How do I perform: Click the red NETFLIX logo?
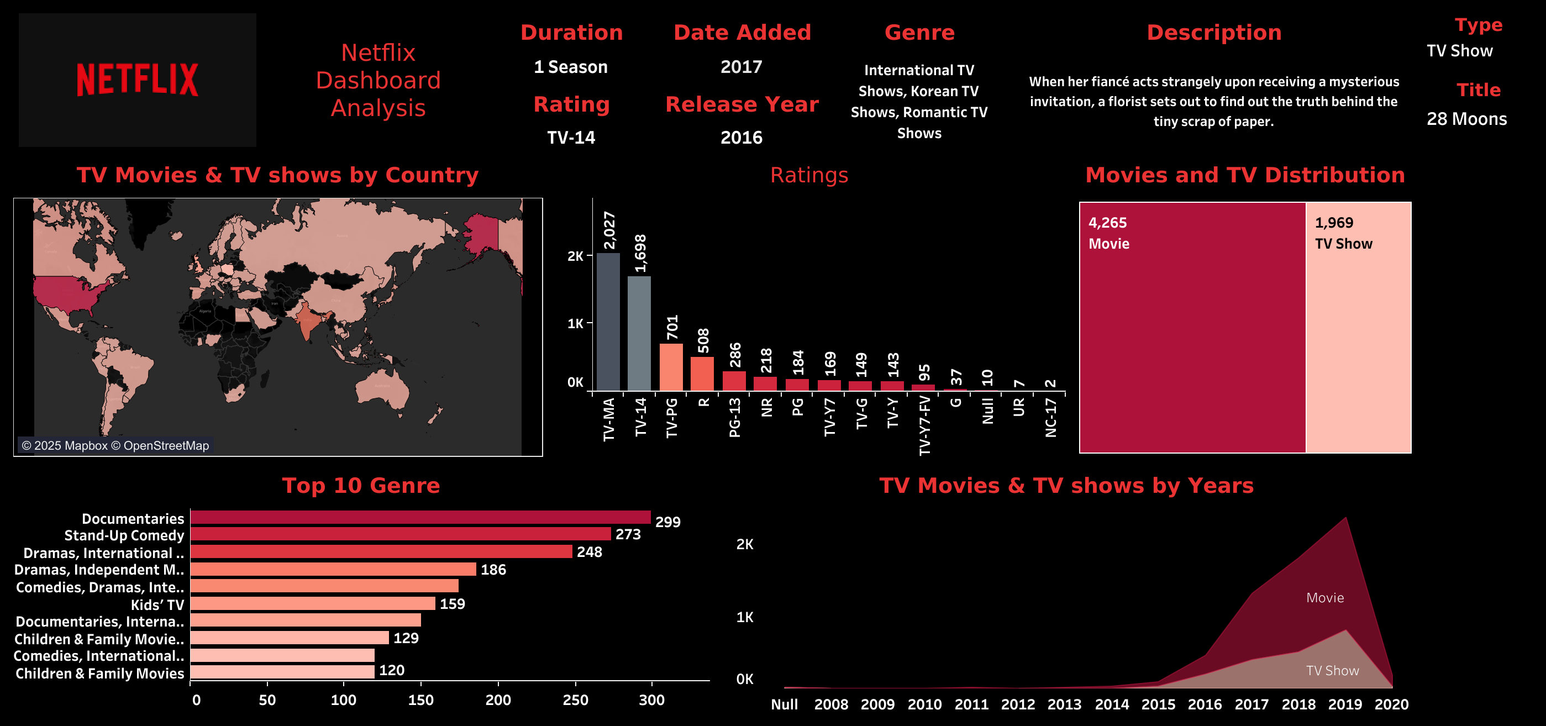[x=138, y=79]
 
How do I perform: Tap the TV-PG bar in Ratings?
[x=671, y=367]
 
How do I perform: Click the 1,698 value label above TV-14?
[x=640, y=253]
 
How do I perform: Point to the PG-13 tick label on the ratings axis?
[x=734, y=418]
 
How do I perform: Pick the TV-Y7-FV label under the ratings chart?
[x=924, y=425]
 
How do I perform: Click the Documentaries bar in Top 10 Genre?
[x=420, y=517]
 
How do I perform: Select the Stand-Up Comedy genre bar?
[x=400, y=534]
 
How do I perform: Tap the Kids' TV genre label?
[x=157, y=604]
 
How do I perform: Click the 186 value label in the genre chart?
[x=493, y=570]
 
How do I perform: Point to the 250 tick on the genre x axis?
[x=575, y=700]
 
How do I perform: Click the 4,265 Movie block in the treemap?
[x=1192, y=328]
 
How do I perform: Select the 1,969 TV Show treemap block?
[x=1358, y=328]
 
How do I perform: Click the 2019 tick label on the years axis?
[x=1345, y=704]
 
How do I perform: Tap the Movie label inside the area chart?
[x=1325, y=598]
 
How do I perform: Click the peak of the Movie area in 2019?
[x=1345, y=518]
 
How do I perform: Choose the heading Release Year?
[x=742, y=104]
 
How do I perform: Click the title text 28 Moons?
[x=1466, y=119]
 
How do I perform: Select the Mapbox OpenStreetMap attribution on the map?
[x=115, y=446]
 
